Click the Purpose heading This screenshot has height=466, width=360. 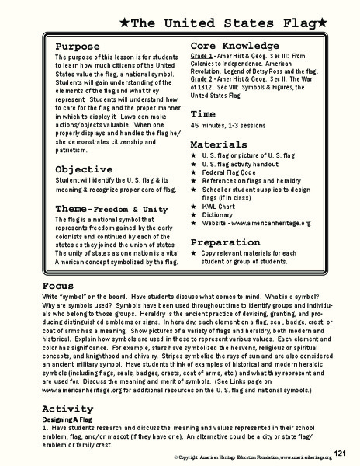coord(78,47)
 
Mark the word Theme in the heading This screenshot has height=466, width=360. coord(74,209)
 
